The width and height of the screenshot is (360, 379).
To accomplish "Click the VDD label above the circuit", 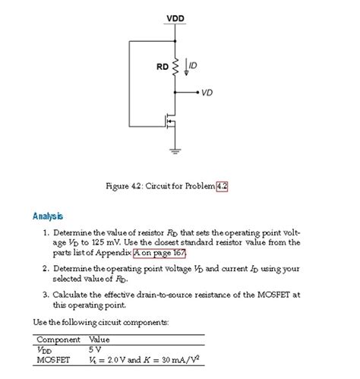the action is click(x=175, y=18).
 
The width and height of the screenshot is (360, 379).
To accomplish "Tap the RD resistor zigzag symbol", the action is click(x=175, y=68).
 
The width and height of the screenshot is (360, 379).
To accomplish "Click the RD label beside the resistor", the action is click(x=162, y=67).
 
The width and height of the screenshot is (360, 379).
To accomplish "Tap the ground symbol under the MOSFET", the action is click(x=175, y=150).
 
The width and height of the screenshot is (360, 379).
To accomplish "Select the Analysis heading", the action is click(x=48, y=216).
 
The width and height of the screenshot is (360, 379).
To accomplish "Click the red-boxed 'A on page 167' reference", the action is click(x=159, y=253).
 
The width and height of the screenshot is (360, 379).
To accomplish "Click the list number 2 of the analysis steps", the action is click(x=46, y=269).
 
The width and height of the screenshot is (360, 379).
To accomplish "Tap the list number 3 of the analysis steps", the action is click(x=46, y=294).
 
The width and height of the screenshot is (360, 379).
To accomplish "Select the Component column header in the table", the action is click(x=59, y=340).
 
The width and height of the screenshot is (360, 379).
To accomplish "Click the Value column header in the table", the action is click(x=99, y=340).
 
